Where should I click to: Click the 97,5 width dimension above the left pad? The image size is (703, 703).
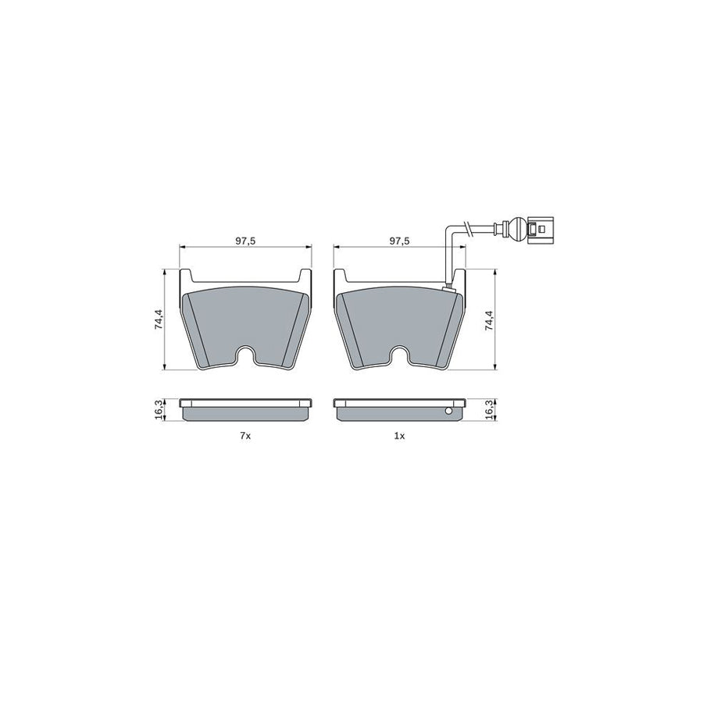245,241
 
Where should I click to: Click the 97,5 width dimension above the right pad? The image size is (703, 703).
399,241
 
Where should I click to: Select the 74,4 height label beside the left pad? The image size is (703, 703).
159,320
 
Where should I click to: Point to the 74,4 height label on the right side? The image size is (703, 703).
489,320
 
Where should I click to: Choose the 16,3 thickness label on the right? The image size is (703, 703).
489,409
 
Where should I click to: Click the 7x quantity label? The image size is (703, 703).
245,436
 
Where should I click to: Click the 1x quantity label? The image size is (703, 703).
399,436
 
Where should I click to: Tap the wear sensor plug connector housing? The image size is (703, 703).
541,229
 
